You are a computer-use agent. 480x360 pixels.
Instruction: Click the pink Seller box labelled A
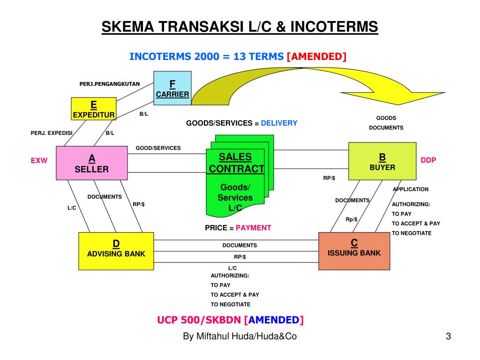pyautogui.click(x=91, y=163)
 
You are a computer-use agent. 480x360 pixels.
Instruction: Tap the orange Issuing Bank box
pyautogui.click(x=354, y=251)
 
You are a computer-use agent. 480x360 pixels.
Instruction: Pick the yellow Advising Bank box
pyautogui.click(x=116, y=251)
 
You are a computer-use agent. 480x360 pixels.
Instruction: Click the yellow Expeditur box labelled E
pyautogui.click(x=93, y=108)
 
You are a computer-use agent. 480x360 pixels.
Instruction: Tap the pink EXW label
pyautogui.click(x=39, y=160)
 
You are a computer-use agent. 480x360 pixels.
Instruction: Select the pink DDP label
pyautogui.click(x=428, y=160)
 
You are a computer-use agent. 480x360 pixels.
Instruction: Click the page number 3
pyautogui.click(x=448, y=336)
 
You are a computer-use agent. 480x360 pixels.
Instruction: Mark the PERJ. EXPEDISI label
pyautogui.click(x=52, y=133)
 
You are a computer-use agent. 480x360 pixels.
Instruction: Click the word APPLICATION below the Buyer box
pyautogui.click(x=411, y=189)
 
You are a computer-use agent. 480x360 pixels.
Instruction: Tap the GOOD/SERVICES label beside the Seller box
pyautogui.click(x=158, y=148)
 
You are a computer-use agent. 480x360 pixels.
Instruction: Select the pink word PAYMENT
pyautogui.click(x=253, y=228)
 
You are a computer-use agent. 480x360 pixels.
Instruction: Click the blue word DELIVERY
pyautogui.click(x=279, y=123)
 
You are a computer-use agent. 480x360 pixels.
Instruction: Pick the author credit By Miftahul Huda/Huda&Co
pyautogui.click(x=240, y=336)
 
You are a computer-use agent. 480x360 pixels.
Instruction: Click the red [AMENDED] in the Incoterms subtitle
pyautogui.click(x=316, y=57)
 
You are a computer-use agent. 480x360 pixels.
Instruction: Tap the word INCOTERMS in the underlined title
pyautogui.click(x=334, y=27)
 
